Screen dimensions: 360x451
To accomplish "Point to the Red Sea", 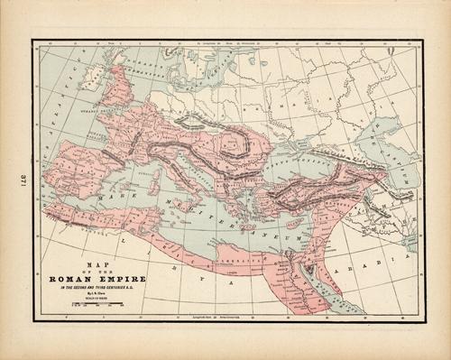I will tap(338, 289).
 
